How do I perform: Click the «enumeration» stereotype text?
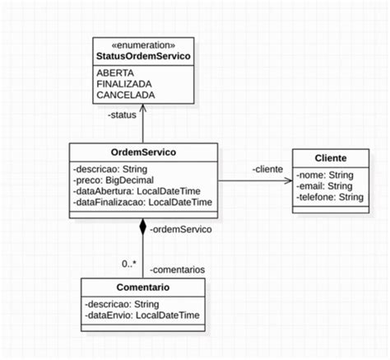(143, 44)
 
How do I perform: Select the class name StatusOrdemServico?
(143, 56)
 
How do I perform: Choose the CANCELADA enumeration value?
(127, 95)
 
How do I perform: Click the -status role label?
(123, 115)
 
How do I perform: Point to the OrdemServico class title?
(143, 152)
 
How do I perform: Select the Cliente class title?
(330, 158)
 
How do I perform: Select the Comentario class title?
(143, 288)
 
